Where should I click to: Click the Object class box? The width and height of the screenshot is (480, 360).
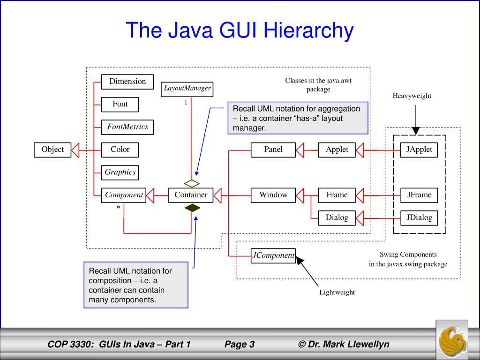point(52,150)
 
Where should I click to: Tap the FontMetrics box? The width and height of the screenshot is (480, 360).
point(127,127)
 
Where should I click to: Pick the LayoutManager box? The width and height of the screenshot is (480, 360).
point(187,88)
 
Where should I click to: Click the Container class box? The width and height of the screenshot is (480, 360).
point(191,195)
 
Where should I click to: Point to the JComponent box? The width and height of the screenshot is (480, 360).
point(273,255)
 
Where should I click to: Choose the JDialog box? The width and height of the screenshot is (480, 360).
point(419,217)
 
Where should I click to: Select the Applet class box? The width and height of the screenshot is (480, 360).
point(337,150)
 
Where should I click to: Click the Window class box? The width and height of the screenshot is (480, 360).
point(273,195)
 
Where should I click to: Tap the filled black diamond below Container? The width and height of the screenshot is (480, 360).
point(191,208)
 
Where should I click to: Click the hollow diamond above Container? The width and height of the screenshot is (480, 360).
point(192,183)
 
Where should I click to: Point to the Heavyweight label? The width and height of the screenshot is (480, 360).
point(412,96)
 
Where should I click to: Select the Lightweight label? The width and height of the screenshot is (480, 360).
point(337,292)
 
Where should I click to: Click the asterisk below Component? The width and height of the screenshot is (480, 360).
point(118,207)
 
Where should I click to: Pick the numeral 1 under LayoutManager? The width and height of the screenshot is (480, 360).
point(185,102)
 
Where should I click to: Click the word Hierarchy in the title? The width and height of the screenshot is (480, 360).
point(307,30)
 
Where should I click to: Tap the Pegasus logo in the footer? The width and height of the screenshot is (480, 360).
point(452,338)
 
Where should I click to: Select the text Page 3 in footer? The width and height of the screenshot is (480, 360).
point(239,345)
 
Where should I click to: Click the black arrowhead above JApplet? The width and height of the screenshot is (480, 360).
point(415,131)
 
